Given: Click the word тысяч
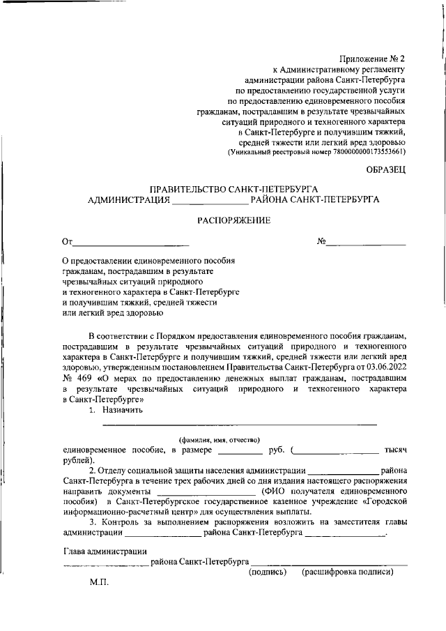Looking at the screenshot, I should [394, 450].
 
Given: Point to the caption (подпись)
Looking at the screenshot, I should [268, 572].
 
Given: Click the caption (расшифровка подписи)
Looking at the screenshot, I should [347, 572].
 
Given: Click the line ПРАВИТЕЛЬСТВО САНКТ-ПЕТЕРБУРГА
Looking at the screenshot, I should [233, 190].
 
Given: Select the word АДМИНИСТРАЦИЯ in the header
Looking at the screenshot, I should [128, 200].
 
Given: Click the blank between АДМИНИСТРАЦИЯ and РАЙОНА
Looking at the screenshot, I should [209, 202].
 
